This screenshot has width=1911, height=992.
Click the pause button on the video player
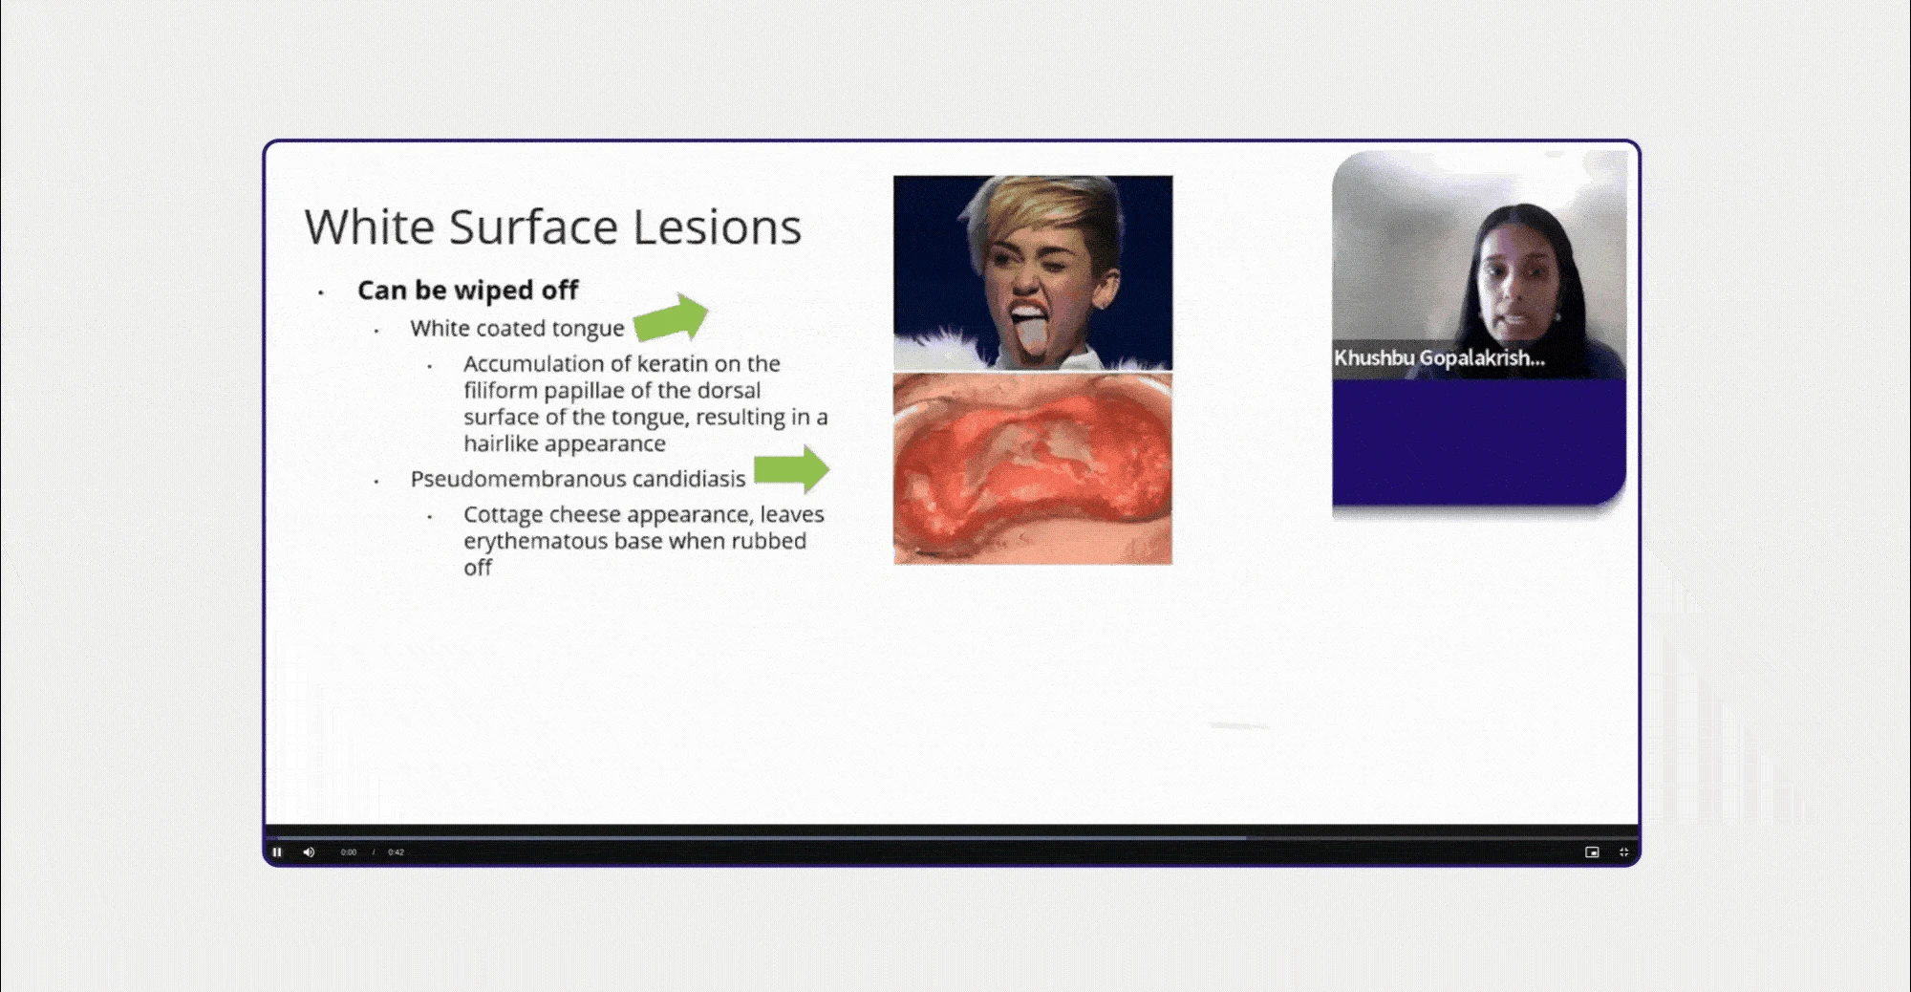pos(277,852)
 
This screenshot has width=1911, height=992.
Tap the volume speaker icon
pos(309,852)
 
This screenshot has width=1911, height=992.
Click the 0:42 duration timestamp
pos(396,852)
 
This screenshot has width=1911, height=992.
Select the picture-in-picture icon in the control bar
pos(1592,852)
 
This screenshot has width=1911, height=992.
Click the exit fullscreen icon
pos(1623,852)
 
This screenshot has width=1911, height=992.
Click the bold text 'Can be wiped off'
pos(467,290)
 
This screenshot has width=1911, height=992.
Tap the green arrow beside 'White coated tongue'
pos(671,317)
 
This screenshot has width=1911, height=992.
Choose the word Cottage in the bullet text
pos(503,514)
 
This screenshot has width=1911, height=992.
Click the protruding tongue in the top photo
pos(1030,337)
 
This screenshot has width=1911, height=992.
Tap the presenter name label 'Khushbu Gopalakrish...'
pos(1439,358)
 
